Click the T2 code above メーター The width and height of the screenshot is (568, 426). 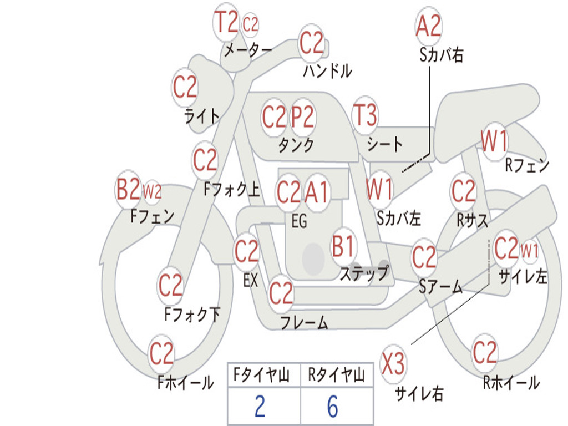coord(226,23)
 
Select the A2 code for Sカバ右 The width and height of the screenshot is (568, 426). coord(428,26)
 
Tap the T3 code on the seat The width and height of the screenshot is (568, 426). coord(365,116)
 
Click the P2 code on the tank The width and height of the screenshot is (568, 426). coord(303,117)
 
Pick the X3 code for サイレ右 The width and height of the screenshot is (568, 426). coord(393,365)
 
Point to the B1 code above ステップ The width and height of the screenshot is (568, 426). coord(343,246)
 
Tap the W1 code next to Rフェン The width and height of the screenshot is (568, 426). coord(494,142)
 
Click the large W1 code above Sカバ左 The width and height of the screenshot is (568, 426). coord(380,189)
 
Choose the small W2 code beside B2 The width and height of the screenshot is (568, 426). coord(152,192)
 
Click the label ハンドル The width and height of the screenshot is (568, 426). coord(327,70)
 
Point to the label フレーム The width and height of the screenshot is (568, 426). coord(304,322)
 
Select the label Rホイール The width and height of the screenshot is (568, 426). coord(510,382)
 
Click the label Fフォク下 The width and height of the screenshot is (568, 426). coord(192,315)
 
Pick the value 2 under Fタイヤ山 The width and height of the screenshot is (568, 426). coord(260,407)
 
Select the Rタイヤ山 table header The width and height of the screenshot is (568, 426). coord(336,376)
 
